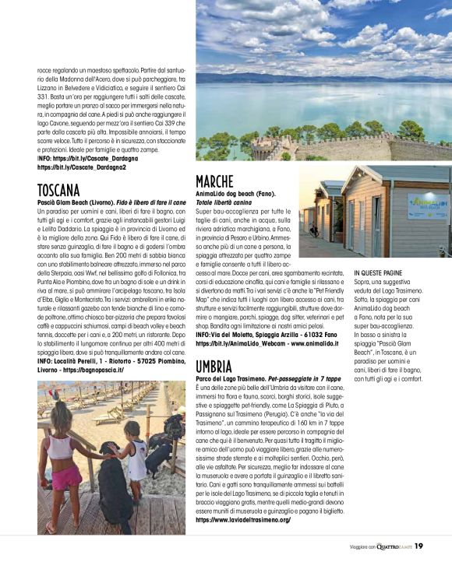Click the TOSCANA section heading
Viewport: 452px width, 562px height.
point(58,190)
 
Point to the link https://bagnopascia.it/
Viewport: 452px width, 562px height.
point(90,371)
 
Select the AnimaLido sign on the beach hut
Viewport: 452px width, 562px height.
point(428,205)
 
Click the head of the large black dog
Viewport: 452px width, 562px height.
point(119,451)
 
